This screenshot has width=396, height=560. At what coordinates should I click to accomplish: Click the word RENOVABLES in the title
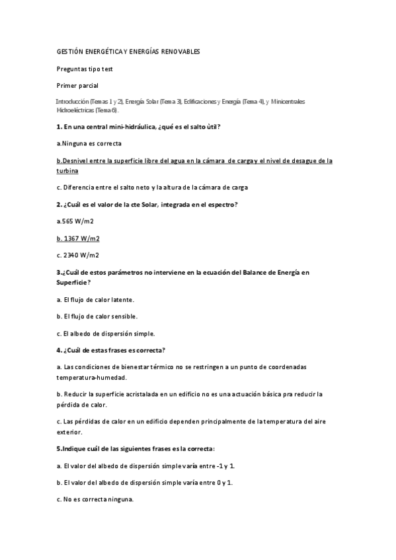[180, 52]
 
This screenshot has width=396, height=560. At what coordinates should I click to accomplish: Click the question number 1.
[59, 126]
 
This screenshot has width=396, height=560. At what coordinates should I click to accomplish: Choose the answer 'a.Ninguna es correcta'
[89, 143]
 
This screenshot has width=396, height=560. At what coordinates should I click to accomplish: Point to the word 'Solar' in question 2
[152, 204]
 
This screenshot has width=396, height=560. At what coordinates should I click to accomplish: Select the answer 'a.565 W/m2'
[75, 221]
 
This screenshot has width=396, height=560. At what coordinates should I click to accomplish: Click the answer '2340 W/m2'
[81, 254]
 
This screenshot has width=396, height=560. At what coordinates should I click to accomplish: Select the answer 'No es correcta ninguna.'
[95, 500]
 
